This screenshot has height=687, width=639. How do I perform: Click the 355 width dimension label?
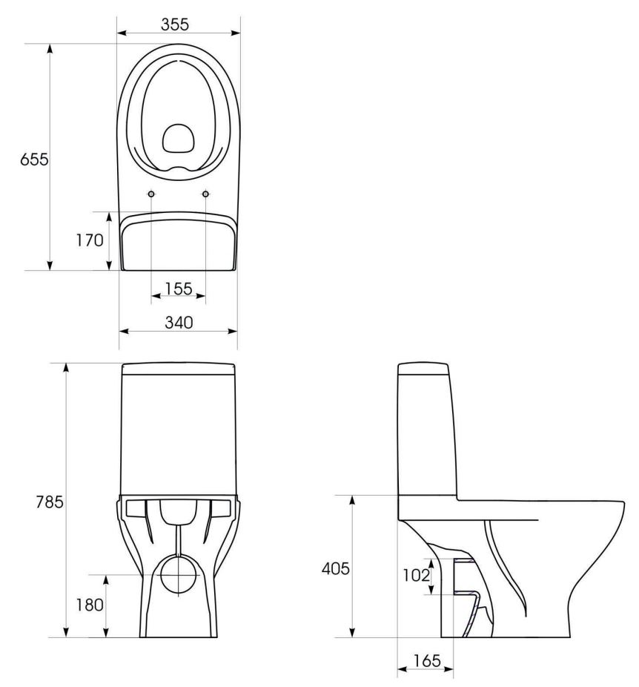175,24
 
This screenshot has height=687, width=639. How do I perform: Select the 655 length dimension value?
34,160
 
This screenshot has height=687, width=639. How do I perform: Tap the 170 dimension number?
90,240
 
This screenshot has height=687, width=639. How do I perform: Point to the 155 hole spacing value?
179,289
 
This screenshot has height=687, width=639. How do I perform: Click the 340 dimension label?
179,323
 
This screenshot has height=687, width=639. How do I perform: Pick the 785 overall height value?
50,502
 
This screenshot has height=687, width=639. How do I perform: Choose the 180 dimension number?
90,605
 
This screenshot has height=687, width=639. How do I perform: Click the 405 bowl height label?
336,569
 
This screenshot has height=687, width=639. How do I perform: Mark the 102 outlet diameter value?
416,575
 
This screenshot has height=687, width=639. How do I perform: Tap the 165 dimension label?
427,660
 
